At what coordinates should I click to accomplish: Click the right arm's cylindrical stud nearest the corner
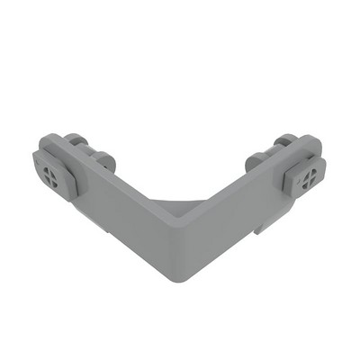pyautogui.click(x=255, y=164)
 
